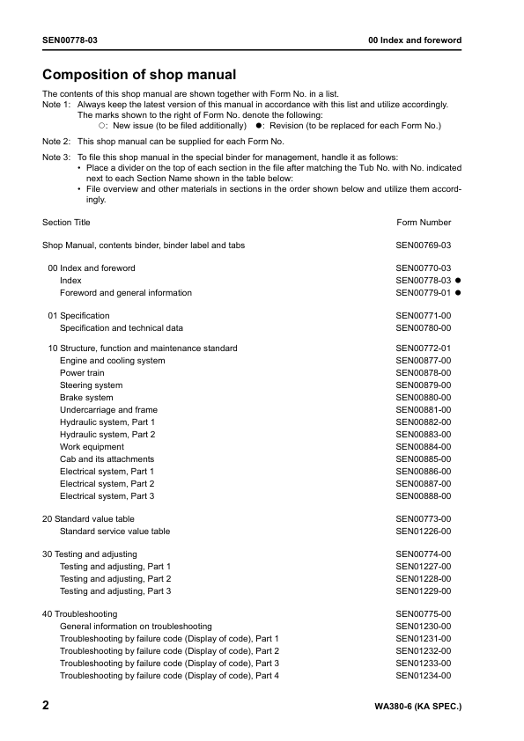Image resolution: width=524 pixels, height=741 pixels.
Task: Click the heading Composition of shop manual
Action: [139, 75]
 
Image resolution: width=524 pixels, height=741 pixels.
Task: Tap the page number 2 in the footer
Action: [47, 706]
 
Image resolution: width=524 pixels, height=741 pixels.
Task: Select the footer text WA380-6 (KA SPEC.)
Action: [417, 707]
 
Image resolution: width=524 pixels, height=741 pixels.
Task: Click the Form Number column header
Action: [424, 223]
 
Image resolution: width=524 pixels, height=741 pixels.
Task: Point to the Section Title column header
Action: [66, 223]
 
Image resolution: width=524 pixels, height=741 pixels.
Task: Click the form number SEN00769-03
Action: [424, 246]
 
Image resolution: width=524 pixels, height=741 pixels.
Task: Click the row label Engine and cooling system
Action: [112, 361]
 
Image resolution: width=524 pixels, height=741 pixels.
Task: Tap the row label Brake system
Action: [86, 398]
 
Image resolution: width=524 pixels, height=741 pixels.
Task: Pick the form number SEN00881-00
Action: [424, 410]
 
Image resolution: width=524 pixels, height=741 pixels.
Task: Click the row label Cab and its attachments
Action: [107, 459]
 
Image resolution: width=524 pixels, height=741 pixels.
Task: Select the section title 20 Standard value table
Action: [88, 519]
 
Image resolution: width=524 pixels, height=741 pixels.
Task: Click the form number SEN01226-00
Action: [424, 532]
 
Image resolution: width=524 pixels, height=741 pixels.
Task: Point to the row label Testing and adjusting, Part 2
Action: [115, 579]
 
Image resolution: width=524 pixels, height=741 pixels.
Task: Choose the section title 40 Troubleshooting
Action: [79, 614]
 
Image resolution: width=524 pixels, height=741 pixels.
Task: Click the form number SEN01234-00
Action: [424, 676]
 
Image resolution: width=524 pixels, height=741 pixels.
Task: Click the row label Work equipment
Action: [92, 447]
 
